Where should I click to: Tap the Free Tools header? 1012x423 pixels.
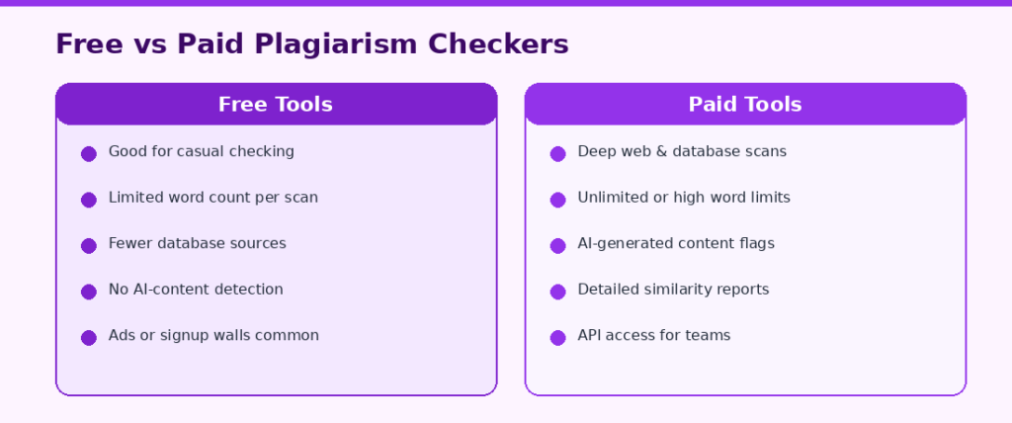point(277,104)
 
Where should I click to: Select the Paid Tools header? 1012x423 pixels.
point(745,104)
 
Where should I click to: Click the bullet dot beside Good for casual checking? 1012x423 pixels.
point(88,154)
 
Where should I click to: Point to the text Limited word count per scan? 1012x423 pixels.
point(213,198)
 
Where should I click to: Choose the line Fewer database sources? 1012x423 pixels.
point(197,243)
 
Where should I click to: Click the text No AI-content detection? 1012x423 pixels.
point(196,290)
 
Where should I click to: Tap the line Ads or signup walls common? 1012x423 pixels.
point(213,336)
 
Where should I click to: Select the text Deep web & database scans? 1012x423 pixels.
point(682,152)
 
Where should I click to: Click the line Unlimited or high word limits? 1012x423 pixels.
point(684,198)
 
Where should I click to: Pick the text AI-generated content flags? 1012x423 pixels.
point(676,243)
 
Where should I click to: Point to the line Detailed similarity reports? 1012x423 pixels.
point(673,290)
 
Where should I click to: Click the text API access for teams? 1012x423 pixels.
point(654,335)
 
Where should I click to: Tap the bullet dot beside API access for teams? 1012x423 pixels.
point(557,338)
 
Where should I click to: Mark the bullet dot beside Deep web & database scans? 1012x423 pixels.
point(557,154)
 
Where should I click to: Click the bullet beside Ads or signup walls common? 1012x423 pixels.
point(88,338)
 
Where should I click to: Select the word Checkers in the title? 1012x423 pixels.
point(498,44)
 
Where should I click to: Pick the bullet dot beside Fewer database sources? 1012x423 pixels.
point(88,245)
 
